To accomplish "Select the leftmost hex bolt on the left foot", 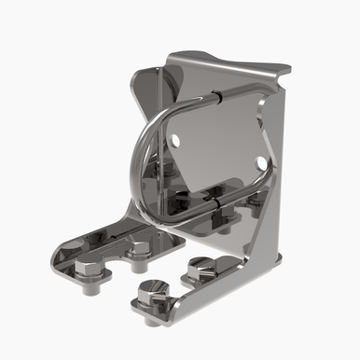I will (x=87, y=271).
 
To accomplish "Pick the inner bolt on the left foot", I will (x=139, y=250).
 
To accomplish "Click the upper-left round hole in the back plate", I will (x=174, y=141).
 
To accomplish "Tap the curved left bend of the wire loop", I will (x=138, y=159).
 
